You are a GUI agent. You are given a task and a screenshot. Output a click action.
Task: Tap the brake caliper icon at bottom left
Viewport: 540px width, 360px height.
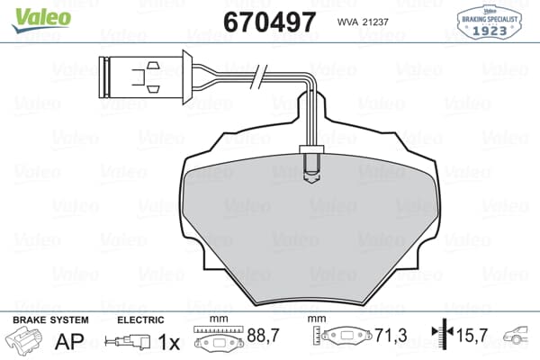click(x=24, y=341)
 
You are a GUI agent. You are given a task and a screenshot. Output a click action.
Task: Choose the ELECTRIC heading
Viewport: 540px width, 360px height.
click(x=140, y=319)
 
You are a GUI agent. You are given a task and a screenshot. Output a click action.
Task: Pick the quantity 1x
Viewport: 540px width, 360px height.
click(x=167, y=342)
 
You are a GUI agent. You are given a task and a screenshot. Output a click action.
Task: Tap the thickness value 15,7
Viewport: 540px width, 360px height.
click(x=472, y=336)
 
